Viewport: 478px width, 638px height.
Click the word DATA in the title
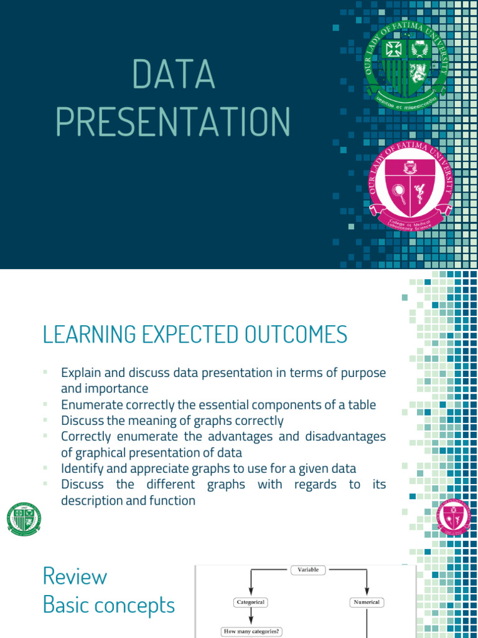click(174, 75)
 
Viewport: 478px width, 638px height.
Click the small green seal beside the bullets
click(24, 518)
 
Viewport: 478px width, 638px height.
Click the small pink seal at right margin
click(454, 516)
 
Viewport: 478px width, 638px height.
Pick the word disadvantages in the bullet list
click(345, 436)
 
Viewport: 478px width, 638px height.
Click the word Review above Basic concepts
click(75, 576)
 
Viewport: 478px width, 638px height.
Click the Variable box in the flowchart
click(309, 569)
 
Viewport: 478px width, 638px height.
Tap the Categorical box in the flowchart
click(251, 602)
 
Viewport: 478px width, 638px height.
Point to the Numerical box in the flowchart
click(366, 602)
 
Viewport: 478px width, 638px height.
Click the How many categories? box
click(251, 632)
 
